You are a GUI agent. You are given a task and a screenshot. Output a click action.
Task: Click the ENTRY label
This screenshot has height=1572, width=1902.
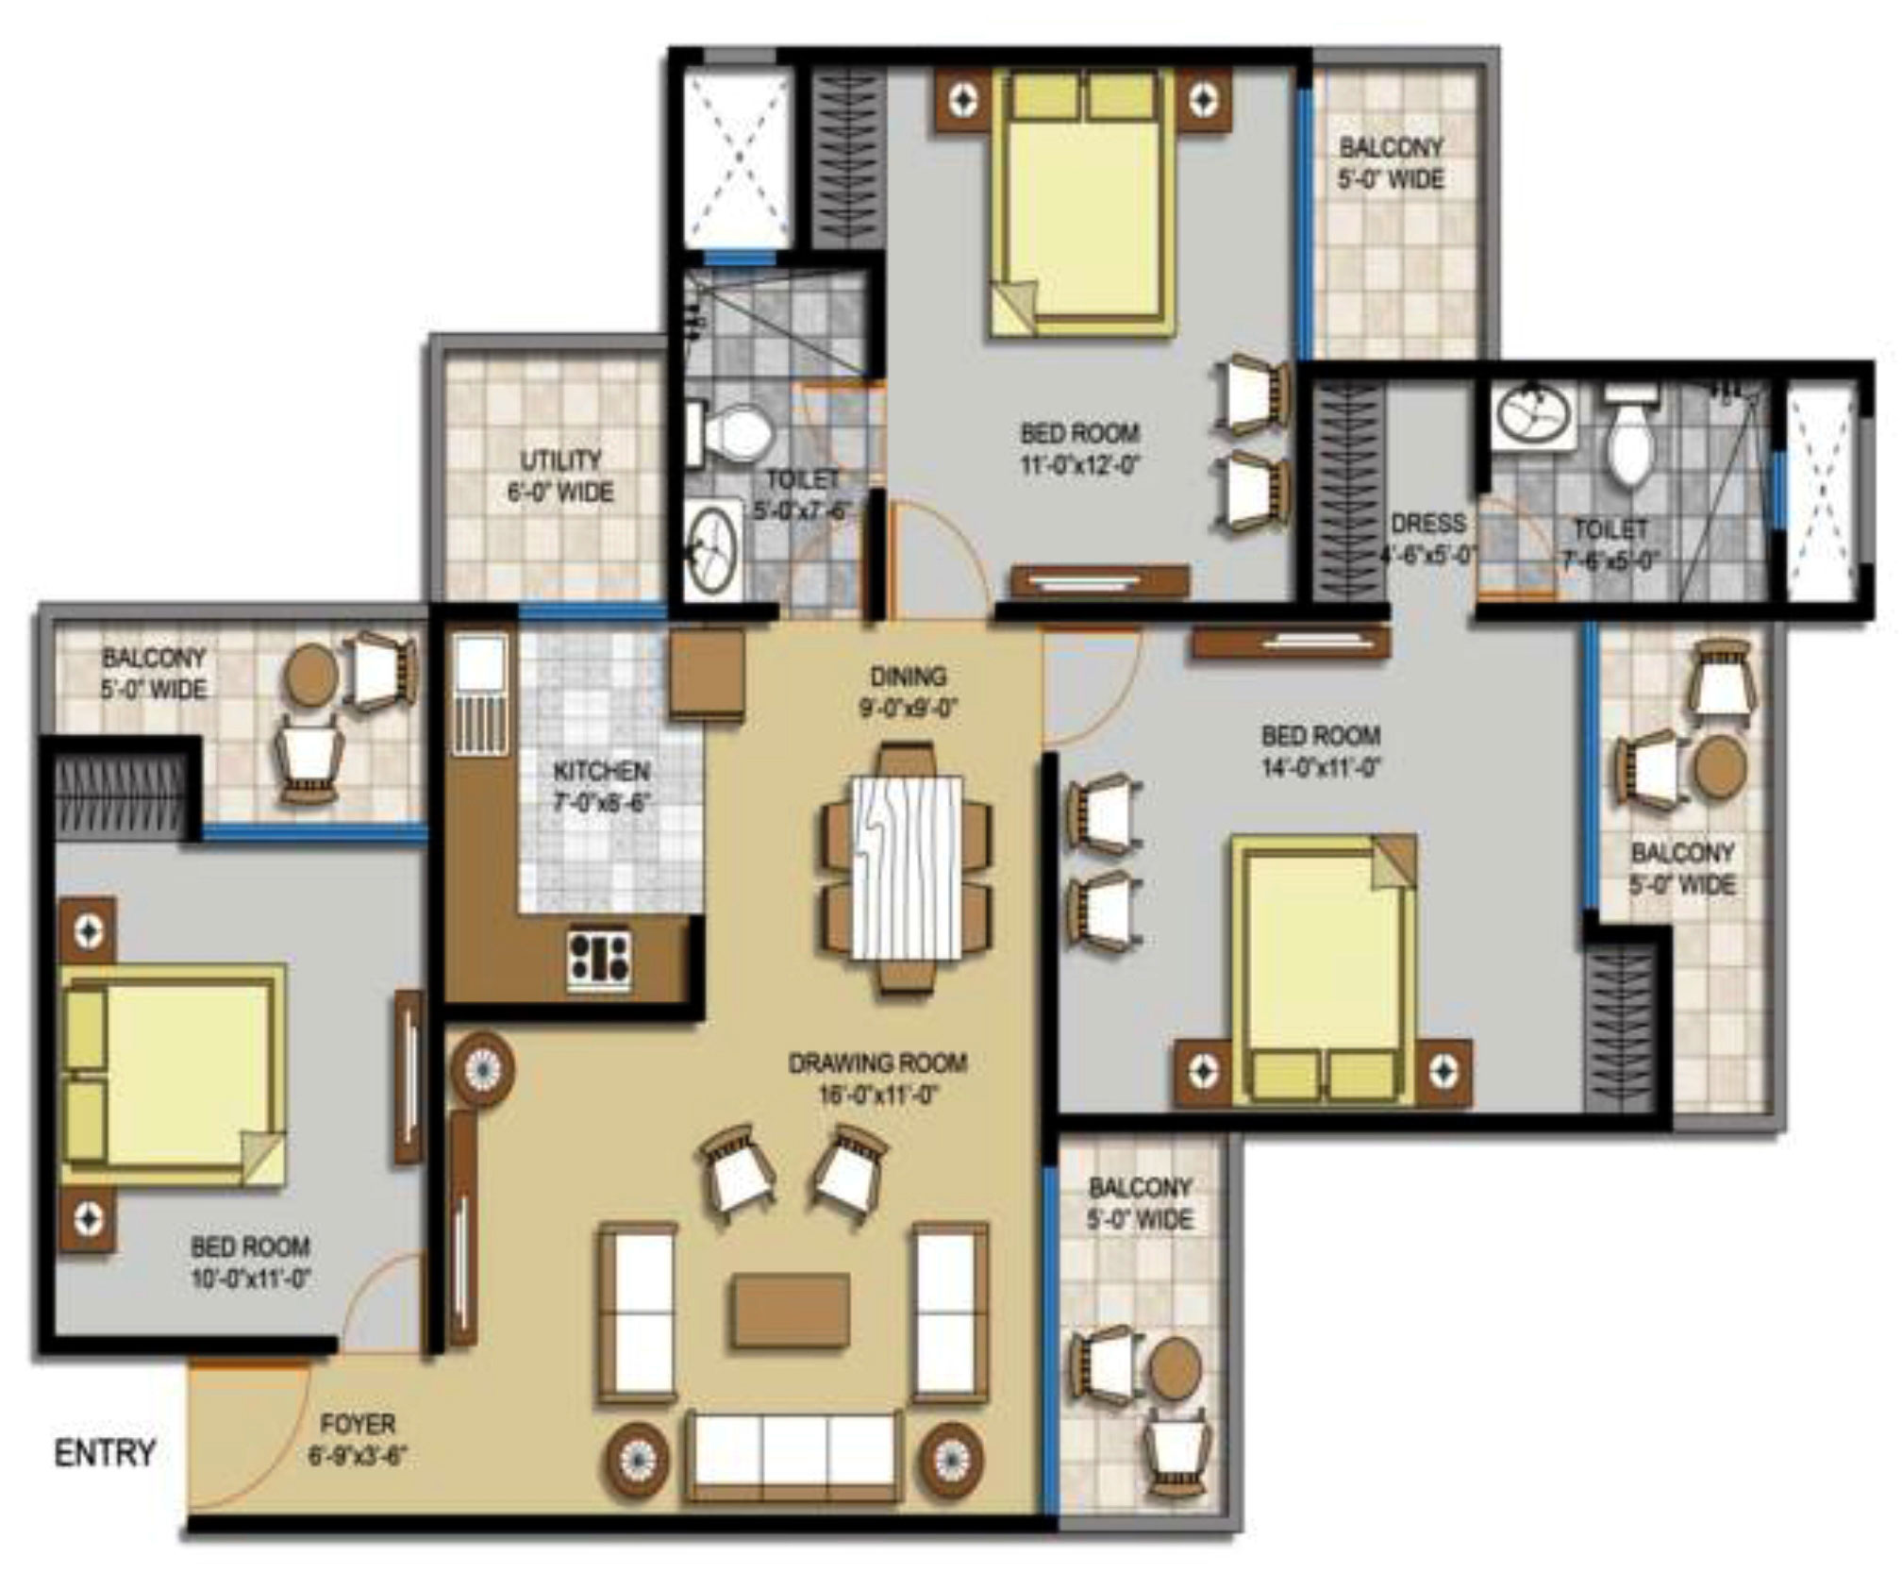104,1452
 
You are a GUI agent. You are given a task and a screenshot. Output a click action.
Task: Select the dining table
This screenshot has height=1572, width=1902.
908,866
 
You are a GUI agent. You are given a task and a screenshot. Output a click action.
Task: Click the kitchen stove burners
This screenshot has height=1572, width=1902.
599,959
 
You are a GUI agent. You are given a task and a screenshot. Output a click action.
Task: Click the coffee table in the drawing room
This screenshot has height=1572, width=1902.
788,1311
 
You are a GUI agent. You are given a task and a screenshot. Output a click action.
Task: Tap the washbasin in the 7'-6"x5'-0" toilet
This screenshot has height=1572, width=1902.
1534,415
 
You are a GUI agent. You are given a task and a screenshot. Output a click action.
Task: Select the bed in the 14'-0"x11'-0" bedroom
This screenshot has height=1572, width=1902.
1323,967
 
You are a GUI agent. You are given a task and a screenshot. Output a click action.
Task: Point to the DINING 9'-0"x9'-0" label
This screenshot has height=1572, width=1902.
908,691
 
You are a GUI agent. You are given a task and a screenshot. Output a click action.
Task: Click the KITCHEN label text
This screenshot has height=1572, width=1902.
601,771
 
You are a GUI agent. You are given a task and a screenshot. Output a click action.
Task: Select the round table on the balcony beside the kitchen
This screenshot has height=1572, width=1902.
311,675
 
